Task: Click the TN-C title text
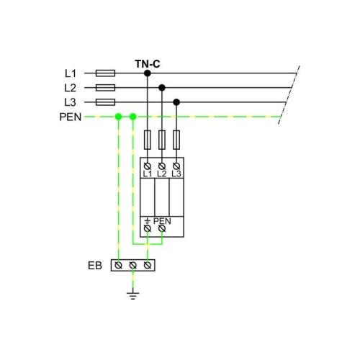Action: [148, 64]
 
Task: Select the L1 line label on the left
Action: [71, 73]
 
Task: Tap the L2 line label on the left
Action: [70, 88]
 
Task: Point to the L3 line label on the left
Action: [70, 102]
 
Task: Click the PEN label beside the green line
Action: [71, 117]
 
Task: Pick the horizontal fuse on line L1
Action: [105, 73]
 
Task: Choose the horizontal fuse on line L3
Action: [105, 102]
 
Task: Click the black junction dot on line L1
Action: [148, 73]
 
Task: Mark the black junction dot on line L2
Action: [162, 88]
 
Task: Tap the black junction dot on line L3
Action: [176, 102]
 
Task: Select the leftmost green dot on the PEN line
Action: [118, 117]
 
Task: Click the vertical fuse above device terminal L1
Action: [148, 140]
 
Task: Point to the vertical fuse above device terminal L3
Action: [176, 140]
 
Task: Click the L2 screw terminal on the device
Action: [162, 166]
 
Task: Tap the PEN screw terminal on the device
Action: [162, 228]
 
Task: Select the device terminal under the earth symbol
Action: [148, 228]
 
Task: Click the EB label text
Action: [95, 266]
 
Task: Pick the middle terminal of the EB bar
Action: [133, 266]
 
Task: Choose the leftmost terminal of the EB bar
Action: [118, 266]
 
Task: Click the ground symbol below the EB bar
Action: [133, 296]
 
